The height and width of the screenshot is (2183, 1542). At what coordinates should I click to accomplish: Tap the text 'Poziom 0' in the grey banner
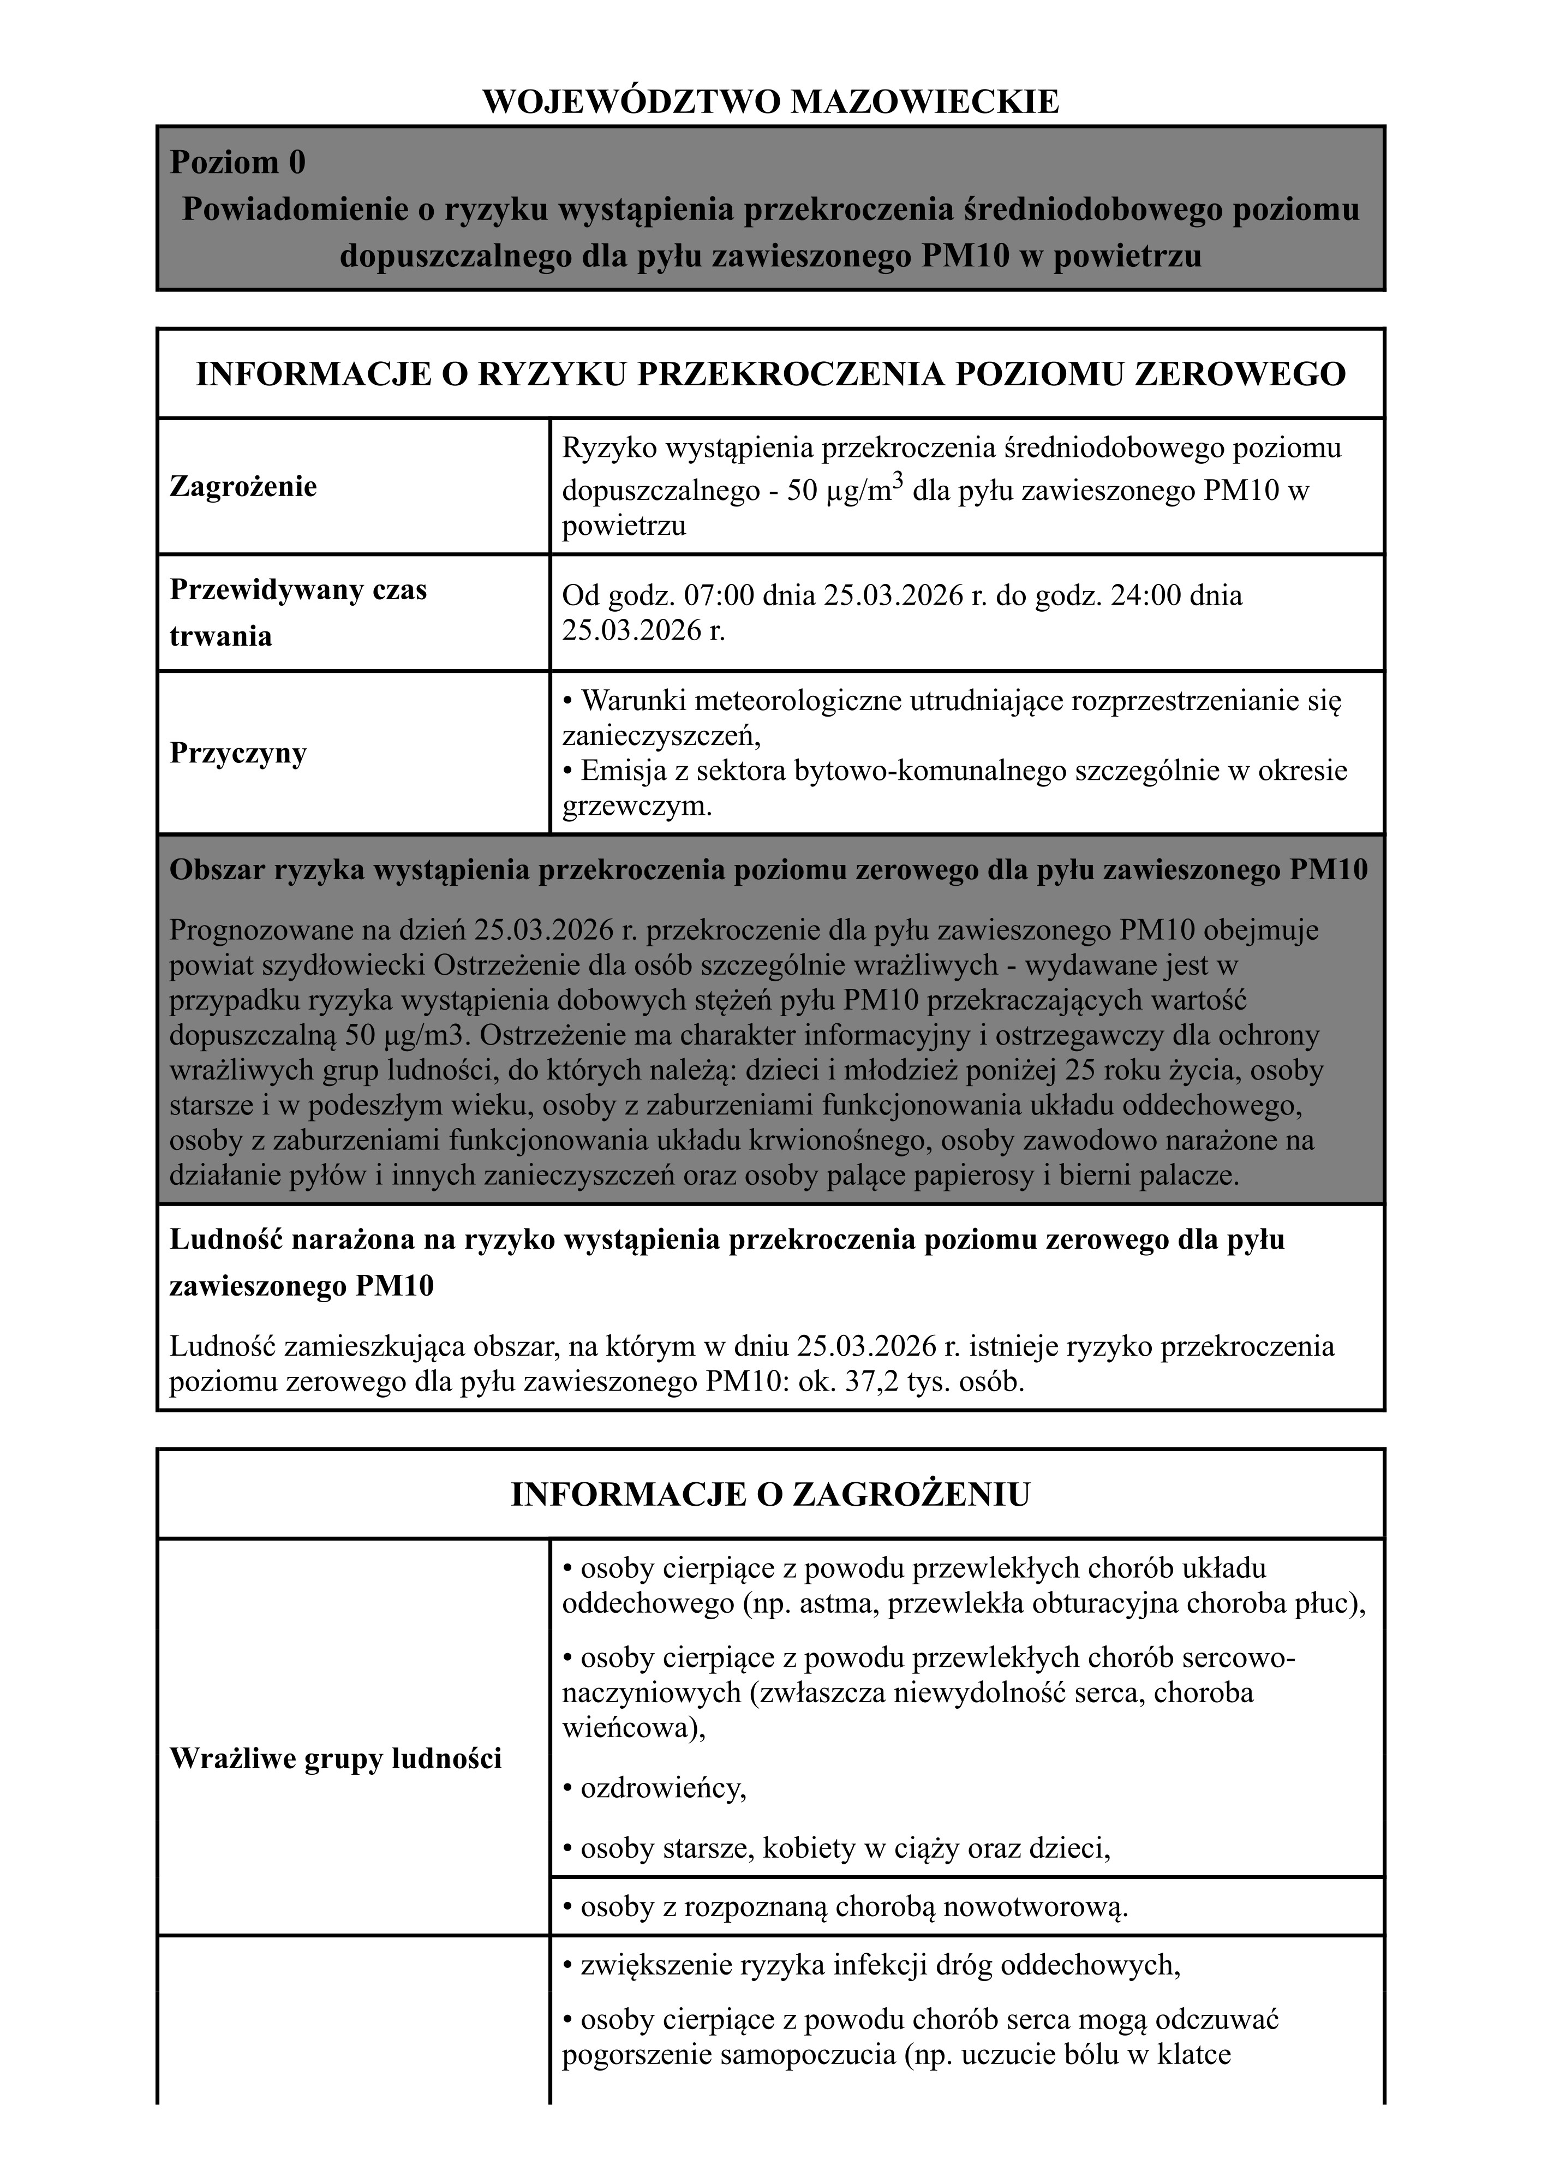coord(238,163)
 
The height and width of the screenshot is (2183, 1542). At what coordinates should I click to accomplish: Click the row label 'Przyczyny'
coord(238,753)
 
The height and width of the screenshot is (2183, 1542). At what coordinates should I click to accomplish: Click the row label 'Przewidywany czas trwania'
coord(297,612)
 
